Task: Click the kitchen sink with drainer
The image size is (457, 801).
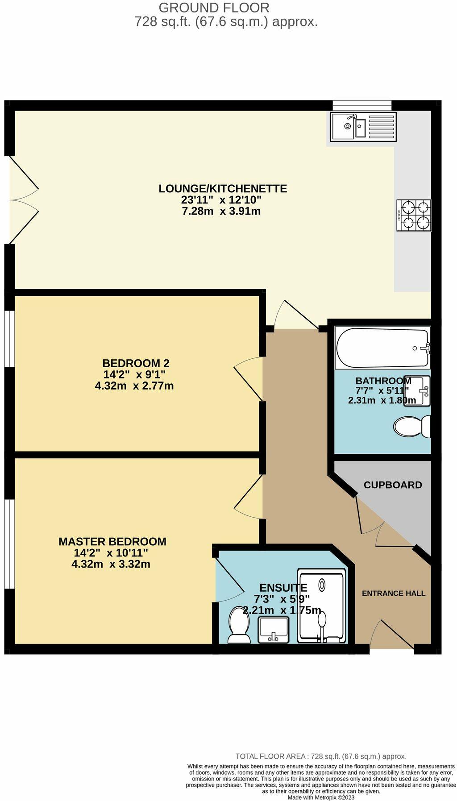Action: point(363,126)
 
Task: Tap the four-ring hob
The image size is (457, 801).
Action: point(414,215)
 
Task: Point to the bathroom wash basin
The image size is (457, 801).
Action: point(418,391)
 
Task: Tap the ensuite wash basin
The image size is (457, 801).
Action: point(274,629)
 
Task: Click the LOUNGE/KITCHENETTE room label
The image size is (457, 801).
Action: point(223,188)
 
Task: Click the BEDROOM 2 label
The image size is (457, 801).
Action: point(136,363)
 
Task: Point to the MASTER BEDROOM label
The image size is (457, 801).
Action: point(112,541)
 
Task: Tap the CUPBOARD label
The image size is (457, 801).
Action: point(393,485)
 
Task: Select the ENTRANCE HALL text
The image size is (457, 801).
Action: point(393,593)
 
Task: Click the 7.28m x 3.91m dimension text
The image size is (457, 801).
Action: point(221,211)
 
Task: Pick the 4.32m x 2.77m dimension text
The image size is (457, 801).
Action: point(134,386)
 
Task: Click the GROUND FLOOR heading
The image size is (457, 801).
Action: point(214,8)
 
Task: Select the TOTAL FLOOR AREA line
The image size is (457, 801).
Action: point(320,756)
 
